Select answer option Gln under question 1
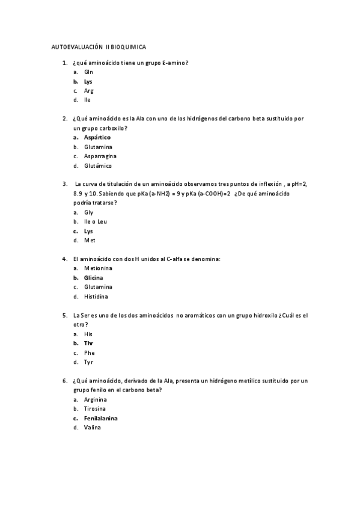pyautogui.click(x=88, y=72)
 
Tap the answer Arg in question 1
pyautogui.click(x=88, y=90)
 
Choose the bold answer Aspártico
pyautogui.click(x=97, y=137)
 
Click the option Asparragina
pyautogui.click(x=100, y=156)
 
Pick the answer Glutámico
pyautogui.click(x=98, y=165)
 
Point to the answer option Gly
pyautogui.click(x=88, y=212)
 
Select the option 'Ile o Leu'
pyautogui.click(x=96, y=221)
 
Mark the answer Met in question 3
pyautogui.click(x=90, y=240)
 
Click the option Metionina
pyautogui.click(x=98, y=268)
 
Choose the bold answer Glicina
pyautogui.click(x=93, y=278)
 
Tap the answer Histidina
pyautogui.click(x=96, y=296)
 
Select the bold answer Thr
pyautogui.click(x=88, y=343)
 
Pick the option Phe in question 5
pyautogui.click(x=89, y=352)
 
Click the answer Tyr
pyautogui.click(x=88, y=362)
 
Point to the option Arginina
pyautogui.click(x=96, y=399)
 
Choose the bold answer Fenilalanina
pyautogui.click(x=100, y=418)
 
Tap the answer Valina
pyautogui.click(x=93, y=427)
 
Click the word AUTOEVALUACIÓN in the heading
pyautogui.click(x=77, y=46)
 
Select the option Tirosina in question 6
pyautogui.click(x=95, y=408)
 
